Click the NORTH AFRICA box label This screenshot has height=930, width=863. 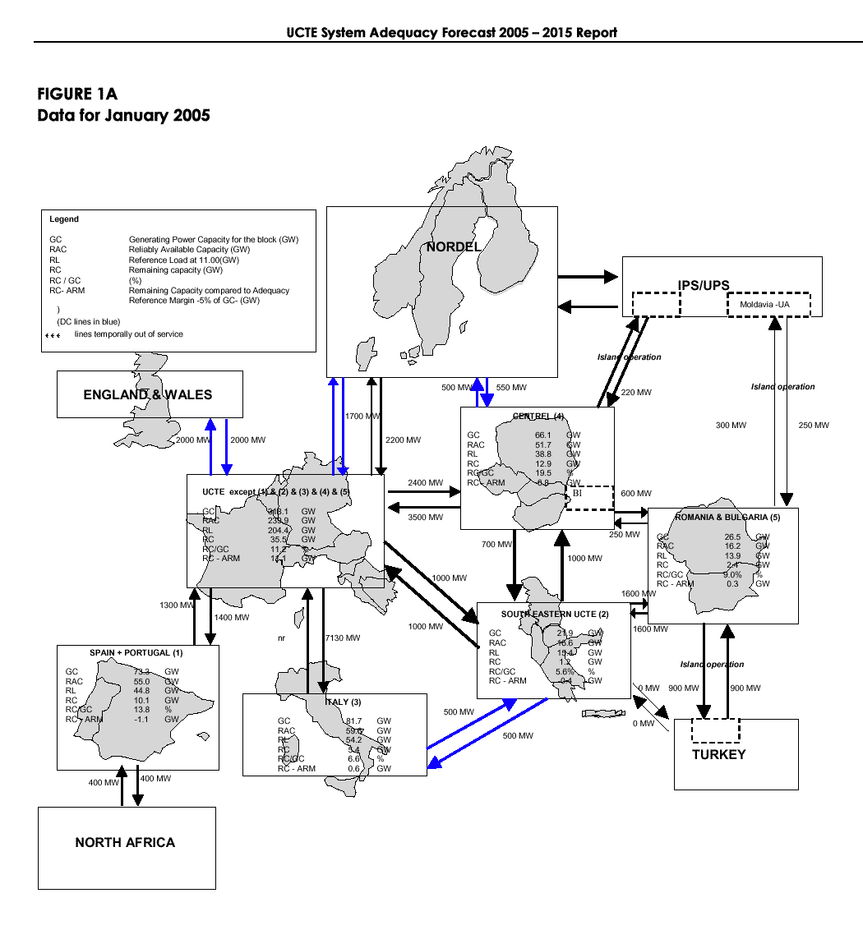[x=125, y=842]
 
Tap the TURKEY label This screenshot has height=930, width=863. [x=718, y=755]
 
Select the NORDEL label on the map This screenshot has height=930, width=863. [x=453, y=246]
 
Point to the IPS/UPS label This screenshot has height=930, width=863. [x=703, y=285]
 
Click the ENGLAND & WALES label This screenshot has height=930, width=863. [x=148, y=395]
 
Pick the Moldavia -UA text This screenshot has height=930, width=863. [x=764, y=305]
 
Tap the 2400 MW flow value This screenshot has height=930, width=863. [x=425, y=483]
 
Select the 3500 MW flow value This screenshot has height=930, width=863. [x=425, y=518]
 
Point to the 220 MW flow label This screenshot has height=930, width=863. [x=635, y=393]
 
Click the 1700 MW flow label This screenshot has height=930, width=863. [x=362, y=417]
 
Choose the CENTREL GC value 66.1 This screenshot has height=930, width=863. [x=542, y=435]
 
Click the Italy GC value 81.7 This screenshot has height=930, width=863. [x=354, y=721]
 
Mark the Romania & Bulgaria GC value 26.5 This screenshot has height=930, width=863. [x=732, y=536]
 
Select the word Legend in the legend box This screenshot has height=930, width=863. [x=64, y=219]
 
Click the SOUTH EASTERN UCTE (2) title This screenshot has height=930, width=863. [x=555, y=614]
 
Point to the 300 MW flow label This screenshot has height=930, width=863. [x=730, y=426]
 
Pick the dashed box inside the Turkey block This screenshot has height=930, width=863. [x=715, y=730]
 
